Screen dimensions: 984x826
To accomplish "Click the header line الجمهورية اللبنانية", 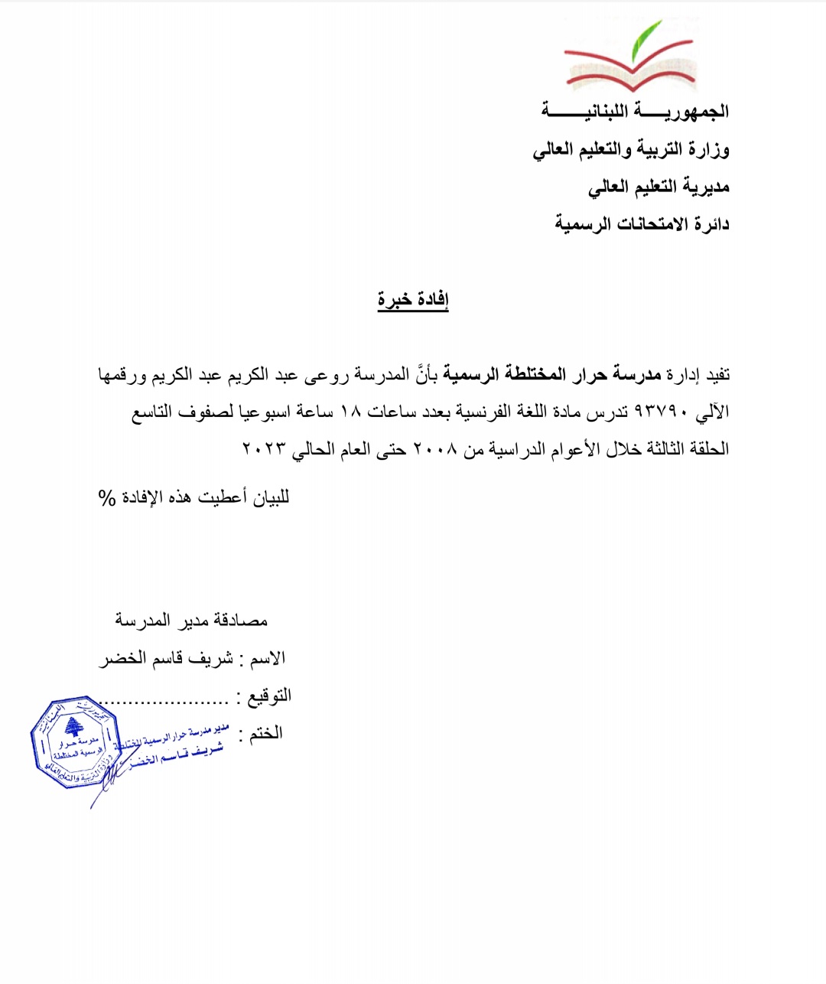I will point(635,112).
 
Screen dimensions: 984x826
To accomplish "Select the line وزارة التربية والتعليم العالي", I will point(631,149).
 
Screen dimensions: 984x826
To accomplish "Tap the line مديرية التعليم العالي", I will point(659,187).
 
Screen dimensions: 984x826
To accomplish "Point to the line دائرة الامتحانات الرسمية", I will point(642,224).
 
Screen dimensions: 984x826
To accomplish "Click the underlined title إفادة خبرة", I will point(413,300).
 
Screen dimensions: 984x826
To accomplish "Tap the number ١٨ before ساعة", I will point(350,412).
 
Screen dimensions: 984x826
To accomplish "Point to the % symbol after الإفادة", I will point(106,498).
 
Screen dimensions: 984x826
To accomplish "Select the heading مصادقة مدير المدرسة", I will point(191,621).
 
